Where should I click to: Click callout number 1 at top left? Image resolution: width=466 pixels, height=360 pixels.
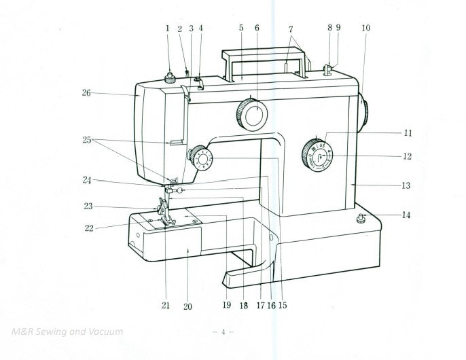point(167,29)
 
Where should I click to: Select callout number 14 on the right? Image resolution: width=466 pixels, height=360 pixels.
point(406,215)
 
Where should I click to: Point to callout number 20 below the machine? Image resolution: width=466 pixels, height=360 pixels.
point(187,307)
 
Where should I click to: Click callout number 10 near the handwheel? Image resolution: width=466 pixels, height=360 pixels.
point(366,29)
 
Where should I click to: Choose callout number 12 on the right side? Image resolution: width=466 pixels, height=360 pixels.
point(407,156)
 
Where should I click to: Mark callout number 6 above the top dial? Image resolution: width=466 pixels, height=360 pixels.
point(257,29)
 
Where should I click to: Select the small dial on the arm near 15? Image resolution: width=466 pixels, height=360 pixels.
point(202,159)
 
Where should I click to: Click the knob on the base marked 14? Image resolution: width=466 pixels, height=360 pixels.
point(361,218)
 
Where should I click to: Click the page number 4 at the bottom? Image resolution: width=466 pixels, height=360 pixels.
point(223,332)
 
